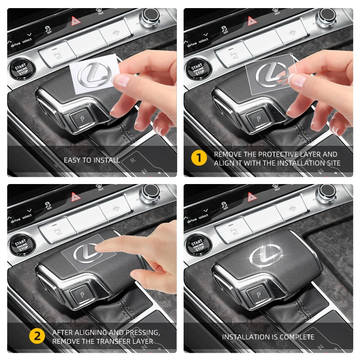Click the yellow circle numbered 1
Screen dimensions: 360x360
click(199, 158)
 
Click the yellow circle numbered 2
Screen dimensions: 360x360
click(37, 336)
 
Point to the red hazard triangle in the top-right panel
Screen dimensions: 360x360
click(252, 21)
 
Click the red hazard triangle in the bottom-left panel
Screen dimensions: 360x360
click(75, 196)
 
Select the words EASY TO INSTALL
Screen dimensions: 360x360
click(92, 160)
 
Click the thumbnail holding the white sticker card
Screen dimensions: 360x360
click(121, 81)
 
